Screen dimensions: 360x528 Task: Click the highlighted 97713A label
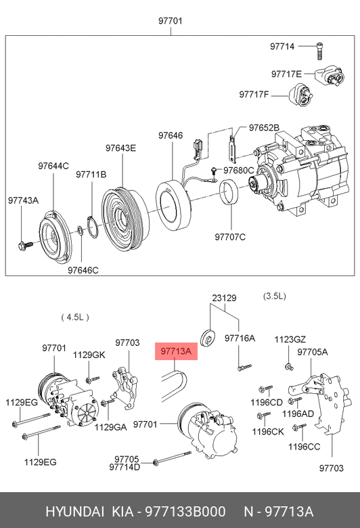[x=176, y=351]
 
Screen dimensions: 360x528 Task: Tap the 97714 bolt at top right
[x=320, y=51]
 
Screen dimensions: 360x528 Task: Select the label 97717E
[x=287, y=74]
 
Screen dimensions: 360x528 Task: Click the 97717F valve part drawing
[x=300, y=96]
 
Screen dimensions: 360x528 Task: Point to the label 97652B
[x=264, y=128]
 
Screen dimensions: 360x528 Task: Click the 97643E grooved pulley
[x=125, y=219]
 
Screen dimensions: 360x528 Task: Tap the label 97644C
[x=53, y=166]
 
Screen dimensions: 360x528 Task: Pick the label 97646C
[x=83, y=270]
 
